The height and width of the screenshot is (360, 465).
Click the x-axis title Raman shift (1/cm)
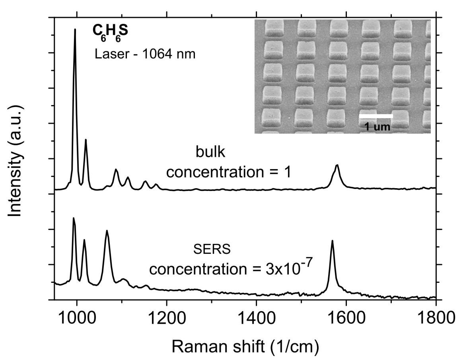coord(245,347)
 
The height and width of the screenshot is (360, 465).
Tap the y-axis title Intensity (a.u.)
coord(15,162)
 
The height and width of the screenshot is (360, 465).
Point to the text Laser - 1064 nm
coord(145,54)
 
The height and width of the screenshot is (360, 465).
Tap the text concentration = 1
coord(229,172)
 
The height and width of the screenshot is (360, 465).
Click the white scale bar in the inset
coord(376,116)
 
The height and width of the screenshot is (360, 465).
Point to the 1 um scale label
coord(377,127)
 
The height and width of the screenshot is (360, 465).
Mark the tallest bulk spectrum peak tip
coord(75,29)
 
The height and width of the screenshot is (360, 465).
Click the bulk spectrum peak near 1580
coord(337,165)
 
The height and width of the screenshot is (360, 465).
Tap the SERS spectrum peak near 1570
coord(332,241)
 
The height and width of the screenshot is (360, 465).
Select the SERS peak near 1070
coord(107,231)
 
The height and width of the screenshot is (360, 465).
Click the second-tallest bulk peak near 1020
coord(86,140)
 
